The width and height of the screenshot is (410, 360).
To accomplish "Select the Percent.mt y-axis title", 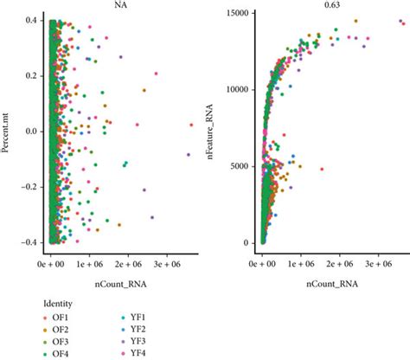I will click(x=7, y=131).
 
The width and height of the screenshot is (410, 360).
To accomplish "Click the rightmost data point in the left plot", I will click(x=192, y=125).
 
